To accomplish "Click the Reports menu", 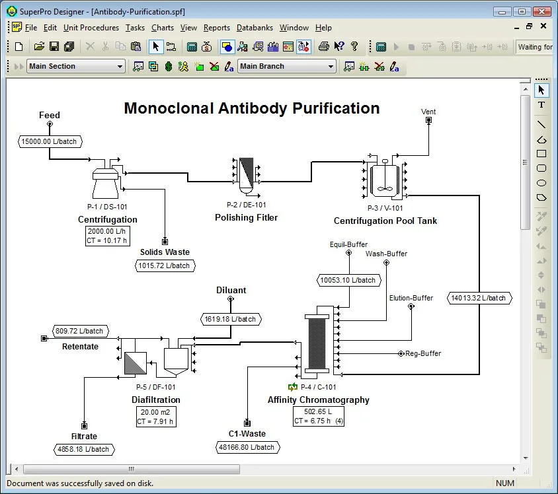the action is point(217,28).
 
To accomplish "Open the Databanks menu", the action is point(255,28).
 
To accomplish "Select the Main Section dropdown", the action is point(76,66).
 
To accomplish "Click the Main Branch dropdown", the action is point(287,66).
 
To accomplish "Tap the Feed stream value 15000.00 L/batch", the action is point(50,141).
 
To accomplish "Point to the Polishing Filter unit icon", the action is point(246,176).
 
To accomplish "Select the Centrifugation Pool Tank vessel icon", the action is point(385,178).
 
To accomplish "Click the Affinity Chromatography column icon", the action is point(317,343).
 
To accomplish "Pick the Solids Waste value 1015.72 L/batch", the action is point(165,265).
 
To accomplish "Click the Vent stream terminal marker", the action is point(429,120).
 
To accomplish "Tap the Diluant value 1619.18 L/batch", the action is point(231,319).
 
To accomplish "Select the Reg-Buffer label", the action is point(423,353).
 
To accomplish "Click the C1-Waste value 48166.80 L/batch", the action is point(248,447).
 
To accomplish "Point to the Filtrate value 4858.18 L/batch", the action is point(84,449).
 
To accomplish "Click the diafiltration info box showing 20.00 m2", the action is point(156,417).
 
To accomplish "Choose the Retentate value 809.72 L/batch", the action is point(81,331).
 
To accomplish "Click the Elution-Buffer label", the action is point(411,298).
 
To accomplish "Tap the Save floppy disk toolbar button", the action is point(54,46).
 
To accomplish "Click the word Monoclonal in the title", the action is point(169,108).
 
